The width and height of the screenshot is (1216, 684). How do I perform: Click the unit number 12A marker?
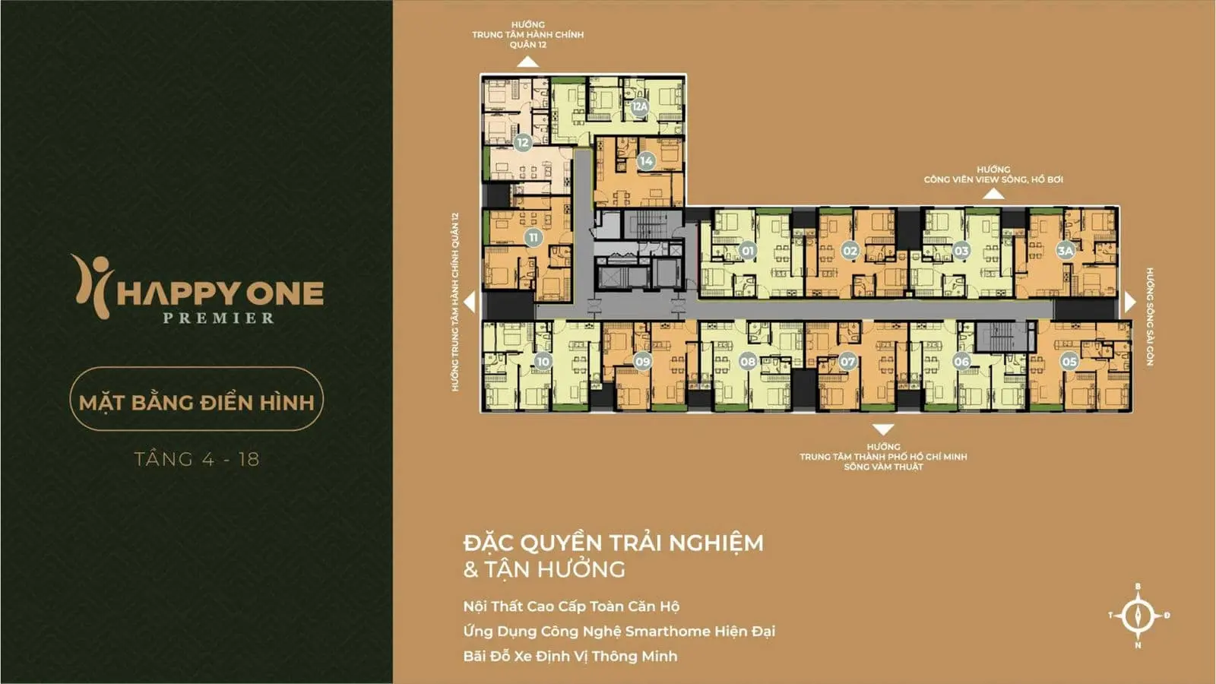point(640,106)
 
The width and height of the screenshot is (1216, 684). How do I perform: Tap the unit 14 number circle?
point(646,161)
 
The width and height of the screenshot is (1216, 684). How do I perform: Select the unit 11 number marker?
point(533,237)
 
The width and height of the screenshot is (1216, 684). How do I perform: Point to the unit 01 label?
point(748,251)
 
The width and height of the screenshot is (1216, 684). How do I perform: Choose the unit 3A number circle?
point(1066,250)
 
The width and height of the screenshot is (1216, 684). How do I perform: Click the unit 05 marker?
point(1069,362)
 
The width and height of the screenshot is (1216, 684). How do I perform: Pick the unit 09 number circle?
point(643,362)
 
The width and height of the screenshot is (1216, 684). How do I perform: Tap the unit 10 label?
point(543,362)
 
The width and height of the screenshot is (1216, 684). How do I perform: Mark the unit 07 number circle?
point(847,362)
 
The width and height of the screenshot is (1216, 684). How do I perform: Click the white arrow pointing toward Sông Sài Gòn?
point(1130,302)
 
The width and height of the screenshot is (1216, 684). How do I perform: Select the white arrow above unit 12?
point(527,62)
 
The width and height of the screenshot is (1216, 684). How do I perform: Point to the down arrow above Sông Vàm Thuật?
point(882,429)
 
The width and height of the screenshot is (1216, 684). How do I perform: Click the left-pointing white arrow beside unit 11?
point(470,302)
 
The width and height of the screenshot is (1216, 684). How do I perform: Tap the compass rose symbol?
point(1138,616)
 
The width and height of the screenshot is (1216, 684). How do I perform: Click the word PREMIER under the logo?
point(219,318)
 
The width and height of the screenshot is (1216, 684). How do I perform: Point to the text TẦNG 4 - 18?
point(197,459)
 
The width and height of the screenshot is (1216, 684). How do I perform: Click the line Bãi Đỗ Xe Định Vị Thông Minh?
point(570,656)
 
